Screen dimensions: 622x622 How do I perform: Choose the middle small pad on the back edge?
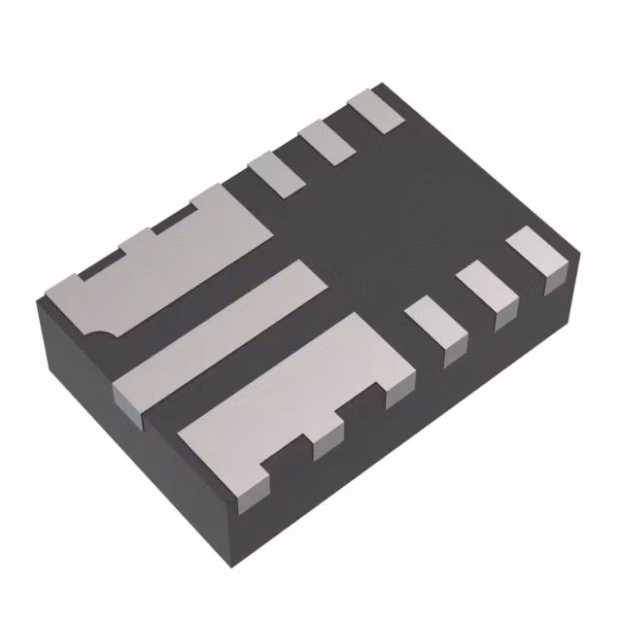click(x=325, y=141)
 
